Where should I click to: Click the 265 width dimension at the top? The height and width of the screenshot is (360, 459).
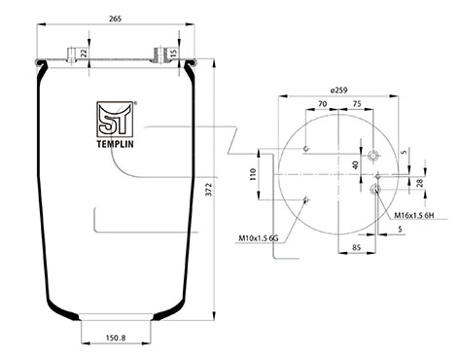115,19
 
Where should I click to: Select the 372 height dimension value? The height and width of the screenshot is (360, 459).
209,190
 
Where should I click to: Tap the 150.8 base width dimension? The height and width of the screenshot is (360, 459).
116,338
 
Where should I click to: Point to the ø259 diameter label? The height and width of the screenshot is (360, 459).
338,90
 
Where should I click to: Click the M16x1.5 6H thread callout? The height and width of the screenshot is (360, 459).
414,215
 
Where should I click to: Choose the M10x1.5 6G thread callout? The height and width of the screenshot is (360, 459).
259,238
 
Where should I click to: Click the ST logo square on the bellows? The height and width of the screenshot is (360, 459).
115,119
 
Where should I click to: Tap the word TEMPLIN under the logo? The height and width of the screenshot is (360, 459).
115,144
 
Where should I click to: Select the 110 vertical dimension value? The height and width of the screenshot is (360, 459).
253,174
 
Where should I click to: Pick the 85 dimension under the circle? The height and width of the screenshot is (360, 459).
356,248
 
